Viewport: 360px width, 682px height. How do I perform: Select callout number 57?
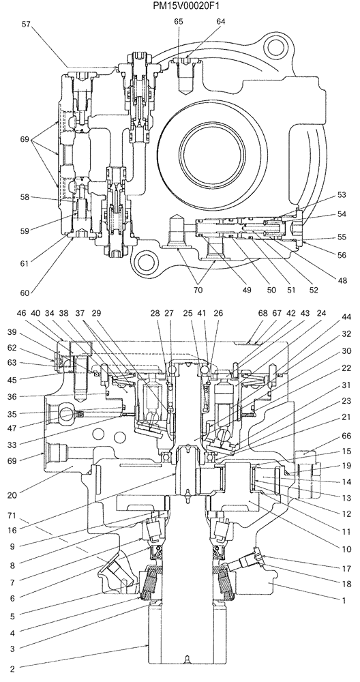pos(25,24)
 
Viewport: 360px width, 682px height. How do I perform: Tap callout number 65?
pos(178,22)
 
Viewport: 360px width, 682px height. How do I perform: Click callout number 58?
pos(25,197)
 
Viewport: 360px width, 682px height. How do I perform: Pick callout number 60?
pos(25,293)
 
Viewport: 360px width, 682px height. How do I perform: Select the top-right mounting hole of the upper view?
pos(275,46)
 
